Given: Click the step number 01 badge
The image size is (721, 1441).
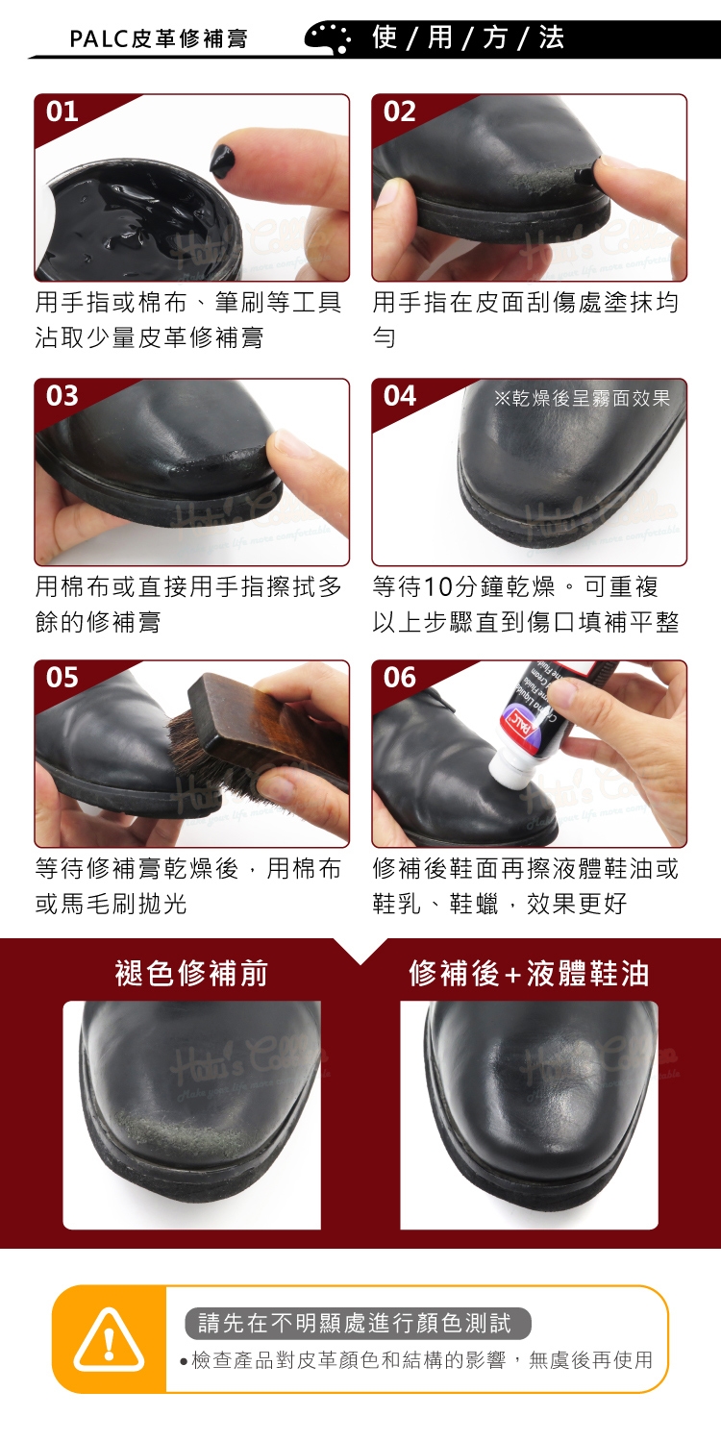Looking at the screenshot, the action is [62, 112].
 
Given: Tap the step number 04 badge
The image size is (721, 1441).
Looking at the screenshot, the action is [399, 396].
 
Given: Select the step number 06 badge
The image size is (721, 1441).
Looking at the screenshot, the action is [399, 678].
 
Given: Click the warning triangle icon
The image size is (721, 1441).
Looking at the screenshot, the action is [109, 1339].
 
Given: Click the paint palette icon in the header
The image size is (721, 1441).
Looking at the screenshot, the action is [328, 37].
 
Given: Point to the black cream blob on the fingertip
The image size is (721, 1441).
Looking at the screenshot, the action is [223, 161].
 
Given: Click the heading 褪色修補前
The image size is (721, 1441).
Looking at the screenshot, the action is [191, 973].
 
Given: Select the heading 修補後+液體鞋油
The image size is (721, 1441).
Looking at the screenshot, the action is [529, 973].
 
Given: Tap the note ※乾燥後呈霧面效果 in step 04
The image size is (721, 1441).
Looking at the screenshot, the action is [583, 398].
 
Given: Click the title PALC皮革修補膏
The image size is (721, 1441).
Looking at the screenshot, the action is [159, 38].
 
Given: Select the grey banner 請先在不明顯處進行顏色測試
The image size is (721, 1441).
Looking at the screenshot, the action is [358, 1324].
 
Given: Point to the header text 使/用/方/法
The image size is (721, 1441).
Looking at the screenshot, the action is [467, 37].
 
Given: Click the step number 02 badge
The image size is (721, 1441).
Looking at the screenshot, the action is [399, 112].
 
